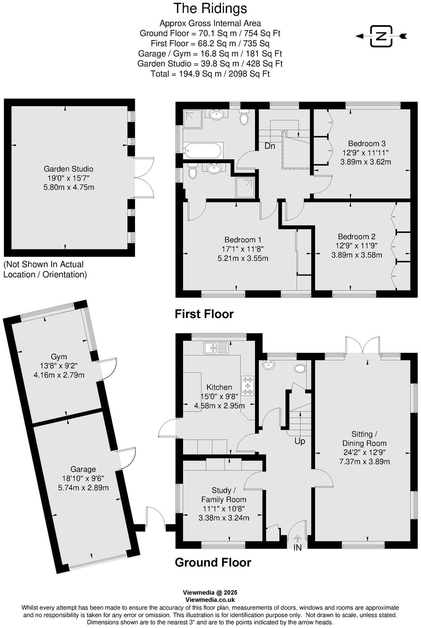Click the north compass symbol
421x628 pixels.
(x=381, y=36)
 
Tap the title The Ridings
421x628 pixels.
(x=210, y=8)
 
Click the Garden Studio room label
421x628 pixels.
(x=69, y=169)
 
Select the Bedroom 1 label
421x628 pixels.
(x=243, y=240)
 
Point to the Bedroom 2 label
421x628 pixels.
(x=356, y=237)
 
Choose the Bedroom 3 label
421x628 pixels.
(x=367, y=143)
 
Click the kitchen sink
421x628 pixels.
(x=217, y=348)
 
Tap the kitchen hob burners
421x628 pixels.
(x=248, y=385)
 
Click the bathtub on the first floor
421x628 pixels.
(x=203, y=150)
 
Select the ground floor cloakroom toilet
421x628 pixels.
(x=300, y=368)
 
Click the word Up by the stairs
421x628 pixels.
(x=300, y=441)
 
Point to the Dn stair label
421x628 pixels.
(x=270, y=146)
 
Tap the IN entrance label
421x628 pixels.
(x=297, y=547)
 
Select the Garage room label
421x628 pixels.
(x=83, y=469)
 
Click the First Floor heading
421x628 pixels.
(x=204, y=314)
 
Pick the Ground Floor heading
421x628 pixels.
(x=213, y=562)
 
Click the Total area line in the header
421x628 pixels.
(x=210, y=74)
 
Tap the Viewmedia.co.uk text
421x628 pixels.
(x=210, y=600)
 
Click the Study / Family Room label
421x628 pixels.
(x=224, y=495)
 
